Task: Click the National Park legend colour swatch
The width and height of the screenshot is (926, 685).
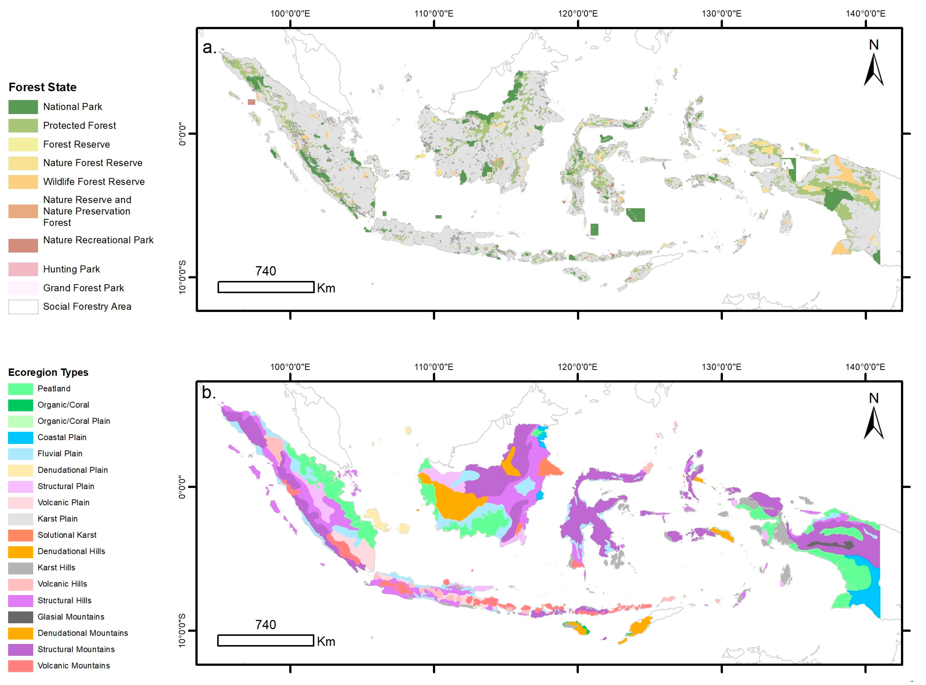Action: [x=23, y=107]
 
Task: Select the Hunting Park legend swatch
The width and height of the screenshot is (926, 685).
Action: [x=23, y=269]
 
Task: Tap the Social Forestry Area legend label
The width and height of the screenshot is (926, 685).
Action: [x=87, y=306]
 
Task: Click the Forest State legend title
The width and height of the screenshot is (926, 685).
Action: [x=43, y=87]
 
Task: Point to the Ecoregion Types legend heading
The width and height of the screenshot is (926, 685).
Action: [x=48, y=372]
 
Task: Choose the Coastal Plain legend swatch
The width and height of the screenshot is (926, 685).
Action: [x=20, y=438]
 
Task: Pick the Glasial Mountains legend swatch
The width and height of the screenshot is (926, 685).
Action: [x=20, y=617]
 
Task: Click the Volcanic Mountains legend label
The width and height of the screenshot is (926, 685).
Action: [x=74, y=666]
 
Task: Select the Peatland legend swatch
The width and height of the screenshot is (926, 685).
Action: [x=20, y=389]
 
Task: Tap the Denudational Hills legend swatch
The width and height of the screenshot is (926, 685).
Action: [x=20, y=552]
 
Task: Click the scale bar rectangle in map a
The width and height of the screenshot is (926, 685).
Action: [x=266, y=287]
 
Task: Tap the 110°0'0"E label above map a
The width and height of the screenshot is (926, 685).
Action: [x=434, y=14]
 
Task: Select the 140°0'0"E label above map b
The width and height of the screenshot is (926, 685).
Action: [x=865, y=367]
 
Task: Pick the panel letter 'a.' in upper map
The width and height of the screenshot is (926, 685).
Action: [x=209, y=48]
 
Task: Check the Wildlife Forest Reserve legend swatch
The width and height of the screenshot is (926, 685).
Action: [x=23, y=182]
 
